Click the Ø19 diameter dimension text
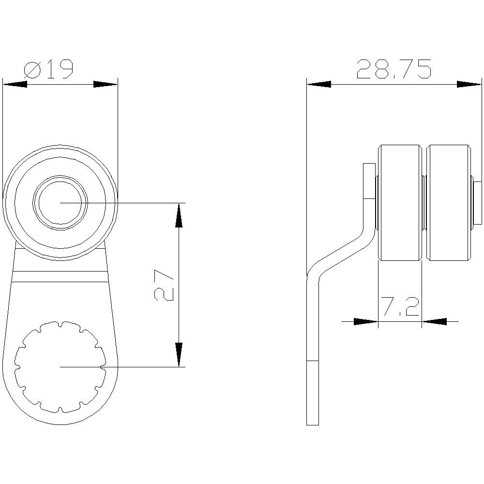coord(48,70)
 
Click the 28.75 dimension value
coord(393,70)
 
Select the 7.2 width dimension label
coord(399,307)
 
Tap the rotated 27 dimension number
coord(165,286)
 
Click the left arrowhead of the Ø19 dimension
coord(15,84)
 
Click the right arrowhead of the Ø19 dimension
coord(106,84)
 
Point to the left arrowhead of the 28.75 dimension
coord(318,84)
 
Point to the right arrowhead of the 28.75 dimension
coord(469,84)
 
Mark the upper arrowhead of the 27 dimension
coord(179,215)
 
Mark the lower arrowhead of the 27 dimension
coord(179,354)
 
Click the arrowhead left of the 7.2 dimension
coord(365,321)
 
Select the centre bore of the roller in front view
coord(60,203)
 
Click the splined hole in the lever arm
coord(60,367)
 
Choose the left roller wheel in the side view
coord(399,203)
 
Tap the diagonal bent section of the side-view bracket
coord(344,254)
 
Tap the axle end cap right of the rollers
coord(478,203)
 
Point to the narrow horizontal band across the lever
coord(60,276)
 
